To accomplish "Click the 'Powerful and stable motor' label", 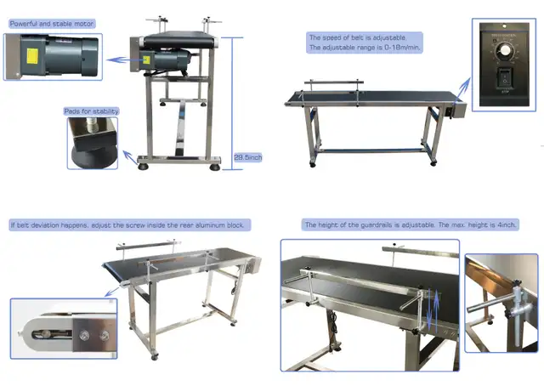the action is (x=52, y=24).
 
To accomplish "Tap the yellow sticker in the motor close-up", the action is (x=32, y=56).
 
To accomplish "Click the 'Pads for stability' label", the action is (x=91, y=111).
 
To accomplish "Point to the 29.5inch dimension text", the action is (x=247, y=157).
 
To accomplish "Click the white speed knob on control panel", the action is (x=502, y=50).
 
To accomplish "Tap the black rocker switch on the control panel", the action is (x=505, y=77).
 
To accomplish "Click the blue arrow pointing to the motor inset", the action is (x=125, y=60).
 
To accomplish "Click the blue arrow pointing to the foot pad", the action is (x=130, y=157).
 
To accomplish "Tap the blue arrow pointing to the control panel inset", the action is (x=462, y=90).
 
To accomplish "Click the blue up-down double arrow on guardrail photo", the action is (x=433, y=309).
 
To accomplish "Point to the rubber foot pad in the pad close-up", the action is (x=94, y=157).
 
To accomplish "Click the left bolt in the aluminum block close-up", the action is (x=83, y=335).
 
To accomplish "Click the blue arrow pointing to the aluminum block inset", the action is (x=112, y=291).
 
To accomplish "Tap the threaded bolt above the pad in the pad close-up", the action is (x=92, y=125).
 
